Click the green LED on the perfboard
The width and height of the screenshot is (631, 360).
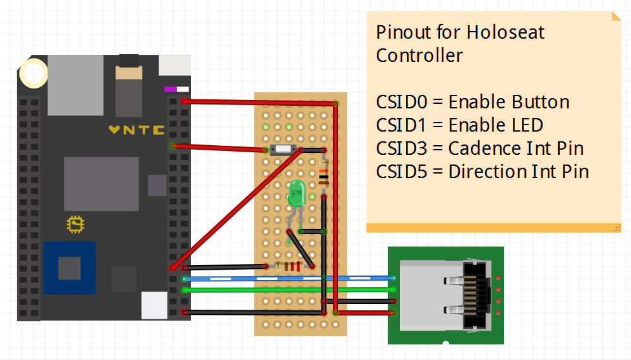coord(297,194)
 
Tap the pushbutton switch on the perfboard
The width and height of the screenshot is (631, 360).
coord(283,150)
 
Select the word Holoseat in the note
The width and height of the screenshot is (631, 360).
coord(505,32)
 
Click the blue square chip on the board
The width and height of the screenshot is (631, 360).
coord(69,268)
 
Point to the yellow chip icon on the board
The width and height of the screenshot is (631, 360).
coord(76,224)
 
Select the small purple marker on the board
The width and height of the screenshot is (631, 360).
coord(171,90)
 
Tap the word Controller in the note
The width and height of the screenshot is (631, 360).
coord(419,55)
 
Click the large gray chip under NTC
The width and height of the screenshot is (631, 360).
coord(101,183)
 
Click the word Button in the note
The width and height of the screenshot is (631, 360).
coord(541,102)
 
